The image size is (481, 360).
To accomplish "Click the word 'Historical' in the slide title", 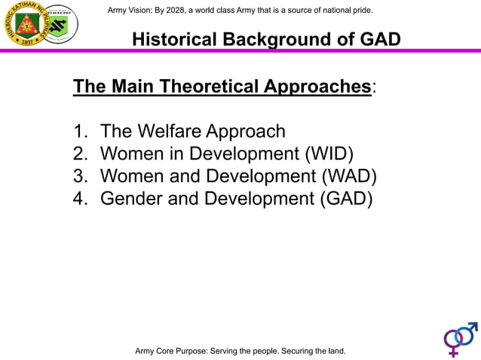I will pos(175,39).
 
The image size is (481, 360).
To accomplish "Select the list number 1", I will pos(80,132).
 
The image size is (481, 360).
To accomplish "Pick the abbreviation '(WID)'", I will pos(329,154).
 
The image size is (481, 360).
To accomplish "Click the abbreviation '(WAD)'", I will pos(349,177).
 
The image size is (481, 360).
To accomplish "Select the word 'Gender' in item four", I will pos(132,200).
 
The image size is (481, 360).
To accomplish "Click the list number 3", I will pos(80,177).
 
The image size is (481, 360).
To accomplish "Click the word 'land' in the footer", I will pos(332,351).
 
